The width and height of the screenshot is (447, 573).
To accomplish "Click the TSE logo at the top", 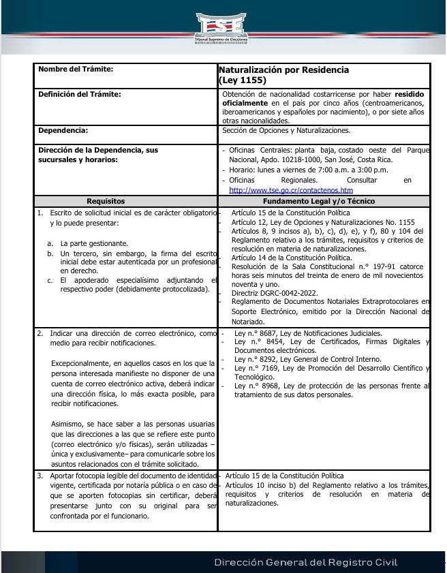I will coord(221,27).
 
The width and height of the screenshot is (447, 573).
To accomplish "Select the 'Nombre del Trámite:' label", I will coord(76,69).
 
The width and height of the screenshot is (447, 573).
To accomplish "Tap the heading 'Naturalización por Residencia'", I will coord(283,70).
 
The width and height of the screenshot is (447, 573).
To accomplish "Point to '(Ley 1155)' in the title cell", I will coord(243,80).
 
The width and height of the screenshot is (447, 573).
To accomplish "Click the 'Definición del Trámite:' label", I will coord(80,94).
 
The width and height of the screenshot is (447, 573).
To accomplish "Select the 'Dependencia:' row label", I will coord(63,130).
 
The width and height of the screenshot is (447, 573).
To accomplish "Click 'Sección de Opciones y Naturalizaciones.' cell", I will coord(286,130).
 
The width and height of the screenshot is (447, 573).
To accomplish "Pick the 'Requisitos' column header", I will coord(106,202).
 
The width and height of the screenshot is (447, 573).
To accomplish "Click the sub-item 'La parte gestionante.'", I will coord(94,243).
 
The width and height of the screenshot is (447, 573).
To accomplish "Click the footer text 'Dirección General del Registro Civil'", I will coord(305,563).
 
